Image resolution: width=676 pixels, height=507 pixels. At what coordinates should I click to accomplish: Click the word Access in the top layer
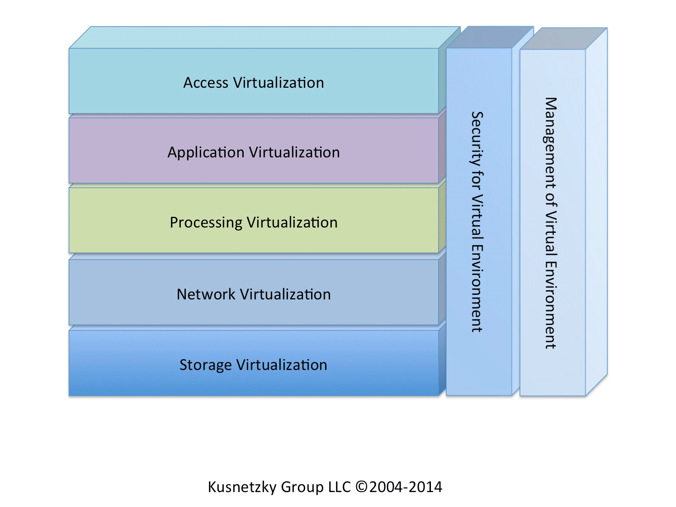pyautogui.click(x=206, y=83)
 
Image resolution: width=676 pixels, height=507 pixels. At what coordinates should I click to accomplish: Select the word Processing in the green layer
pyautogui.click(x=206, y=223)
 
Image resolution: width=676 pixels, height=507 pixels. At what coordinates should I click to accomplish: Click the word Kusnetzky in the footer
pyautogui.click(x=242, y=487)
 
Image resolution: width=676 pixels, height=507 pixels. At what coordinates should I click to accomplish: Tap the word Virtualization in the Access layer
pyautogui.click(x=279, y=83)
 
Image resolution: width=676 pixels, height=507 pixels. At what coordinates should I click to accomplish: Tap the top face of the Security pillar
pyautogui.click(x=490, y=37)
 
